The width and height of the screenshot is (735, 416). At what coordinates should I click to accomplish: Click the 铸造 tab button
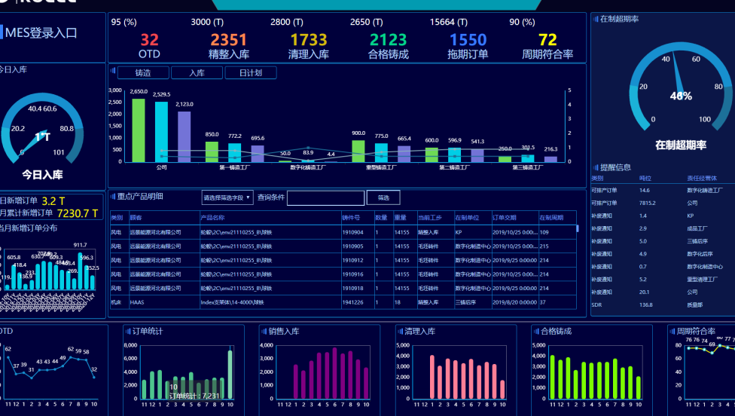(x=143, y=73)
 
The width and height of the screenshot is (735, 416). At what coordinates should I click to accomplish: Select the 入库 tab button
(x=197, y=73)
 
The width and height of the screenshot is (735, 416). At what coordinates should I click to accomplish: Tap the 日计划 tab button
(x=250, y=73)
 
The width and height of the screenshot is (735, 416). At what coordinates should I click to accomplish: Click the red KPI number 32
(x=149, y=40)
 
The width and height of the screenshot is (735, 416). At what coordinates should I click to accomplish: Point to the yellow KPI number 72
(x=547, y=40)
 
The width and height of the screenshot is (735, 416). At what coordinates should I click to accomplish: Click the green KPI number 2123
(x=388, y=40)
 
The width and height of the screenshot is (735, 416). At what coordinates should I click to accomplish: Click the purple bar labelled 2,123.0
(x=185, y=136)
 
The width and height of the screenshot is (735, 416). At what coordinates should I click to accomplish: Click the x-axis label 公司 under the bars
(x=161, y=168)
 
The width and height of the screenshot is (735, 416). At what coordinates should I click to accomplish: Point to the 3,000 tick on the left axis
(x=115, y=90)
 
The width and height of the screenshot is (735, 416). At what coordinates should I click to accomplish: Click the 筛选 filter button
(x=383, y=197)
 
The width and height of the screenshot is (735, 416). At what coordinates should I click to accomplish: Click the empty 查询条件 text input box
(x=325, y=198)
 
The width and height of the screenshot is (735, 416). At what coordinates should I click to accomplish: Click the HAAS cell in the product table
(x=137, y=302)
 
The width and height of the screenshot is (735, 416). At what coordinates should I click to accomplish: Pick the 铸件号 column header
(x=351, y=218)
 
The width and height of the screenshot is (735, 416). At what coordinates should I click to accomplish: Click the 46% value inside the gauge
(x=681, y=96)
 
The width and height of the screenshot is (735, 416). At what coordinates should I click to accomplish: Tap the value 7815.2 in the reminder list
(x=648, y=203)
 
